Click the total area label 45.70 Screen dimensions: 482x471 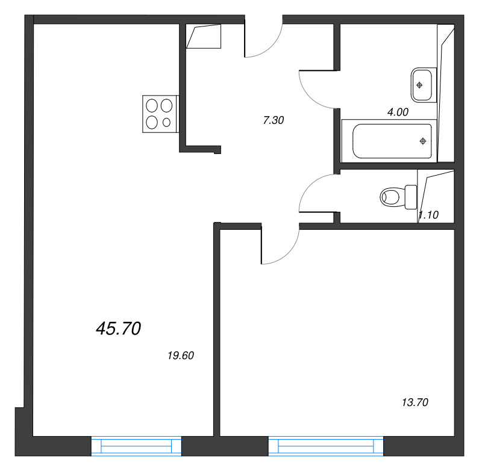(118, 328)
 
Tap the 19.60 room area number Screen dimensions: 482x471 (181, 356)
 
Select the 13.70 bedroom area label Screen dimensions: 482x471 (415, 402)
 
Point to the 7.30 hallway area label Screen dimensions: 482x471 (274, 120)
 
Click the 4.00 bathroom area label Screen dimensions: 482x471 (398, 112)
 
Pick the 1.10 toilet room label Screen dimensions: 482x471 (428, 215)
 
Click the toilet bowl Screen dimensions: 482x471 (390, 197)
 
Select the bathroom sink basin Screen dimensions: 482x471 (421, 85)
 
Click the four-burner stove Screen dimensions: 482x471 (161, 114)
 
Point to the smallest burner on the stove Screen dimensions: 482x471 (167, 123)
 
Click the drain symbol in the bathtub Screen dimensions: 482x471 (423, 141)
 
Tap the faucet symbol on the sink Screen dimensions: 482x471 (419, 85)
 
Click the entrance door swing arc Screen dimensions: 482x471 (272, 47)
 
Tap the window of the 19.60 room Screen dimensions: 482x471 (136, 446)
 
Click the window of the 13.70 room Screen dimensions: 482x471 (326, 446)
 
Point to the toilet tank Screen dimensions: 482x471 (411, 197)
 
